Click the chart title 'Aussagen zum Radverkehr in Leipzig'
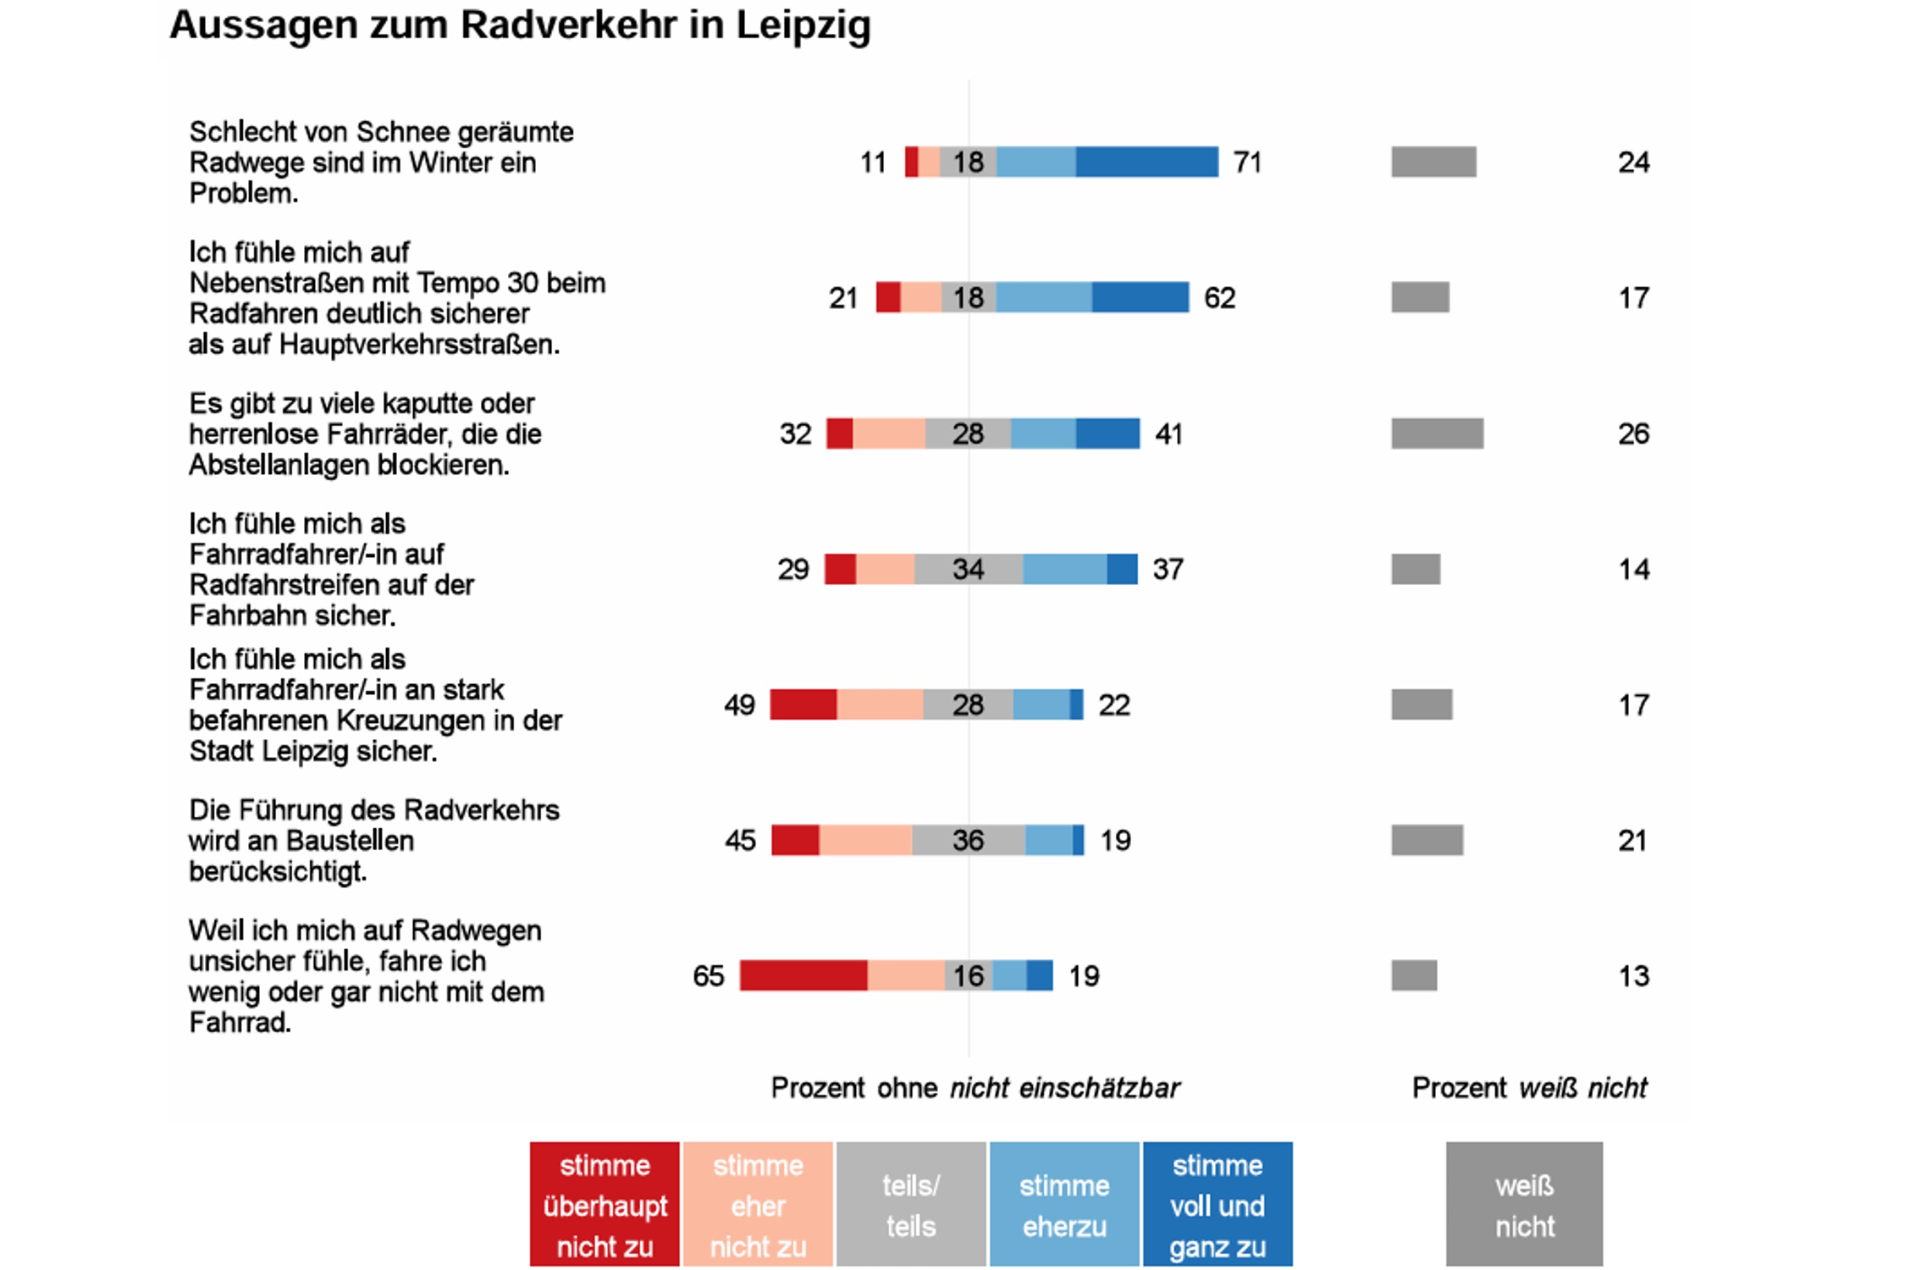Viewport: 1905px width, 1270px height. tap(520, 25)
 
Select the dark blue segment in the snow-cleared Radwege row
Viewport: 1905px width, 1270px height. tap(1146, 162)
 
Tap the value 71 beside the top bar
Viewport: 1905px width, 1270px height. tap(1247, 162)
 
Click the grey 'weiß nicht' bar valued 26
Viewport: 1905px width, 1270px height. tap(1437, 433)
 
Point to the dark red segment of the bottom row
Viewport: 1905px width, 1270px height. tap(803, 975)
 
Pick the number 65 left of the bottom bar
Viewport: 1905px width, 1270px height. tap(709, 976)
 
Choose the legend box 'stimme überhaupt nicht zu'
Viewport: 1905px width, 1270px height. tap(605, 1204)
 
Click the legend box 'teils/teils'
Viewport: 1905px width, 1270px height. tap(911, 1204)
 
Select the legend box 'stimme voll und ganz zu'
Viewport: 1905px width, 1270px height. tap(1218, 1204)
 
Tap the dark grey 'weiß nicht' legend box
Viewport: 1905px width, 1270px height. tap(1524, 1204)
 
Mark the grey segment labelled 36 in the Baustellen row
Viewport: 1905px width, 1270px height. tap(968, 840)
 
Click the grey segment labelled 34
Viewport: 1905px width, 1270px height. tap(968, 569)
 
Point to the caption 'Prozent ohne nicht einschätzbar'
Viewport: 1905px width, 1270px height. tap(975, 1088)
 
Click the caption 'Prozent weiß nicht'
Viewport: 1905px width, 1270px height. tap(1529, 1088)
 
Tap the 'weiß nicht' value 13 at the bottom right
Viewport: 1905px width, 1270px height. tap(1633, 976)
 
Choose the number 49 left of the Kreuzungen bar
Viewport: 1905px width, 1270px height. tap(739, 705)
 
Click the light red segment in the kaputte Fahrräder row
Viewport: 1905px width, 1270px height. tap(888, 433)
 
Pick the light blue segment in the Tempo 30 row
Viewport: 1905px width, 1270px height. tap(1043, 297)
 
